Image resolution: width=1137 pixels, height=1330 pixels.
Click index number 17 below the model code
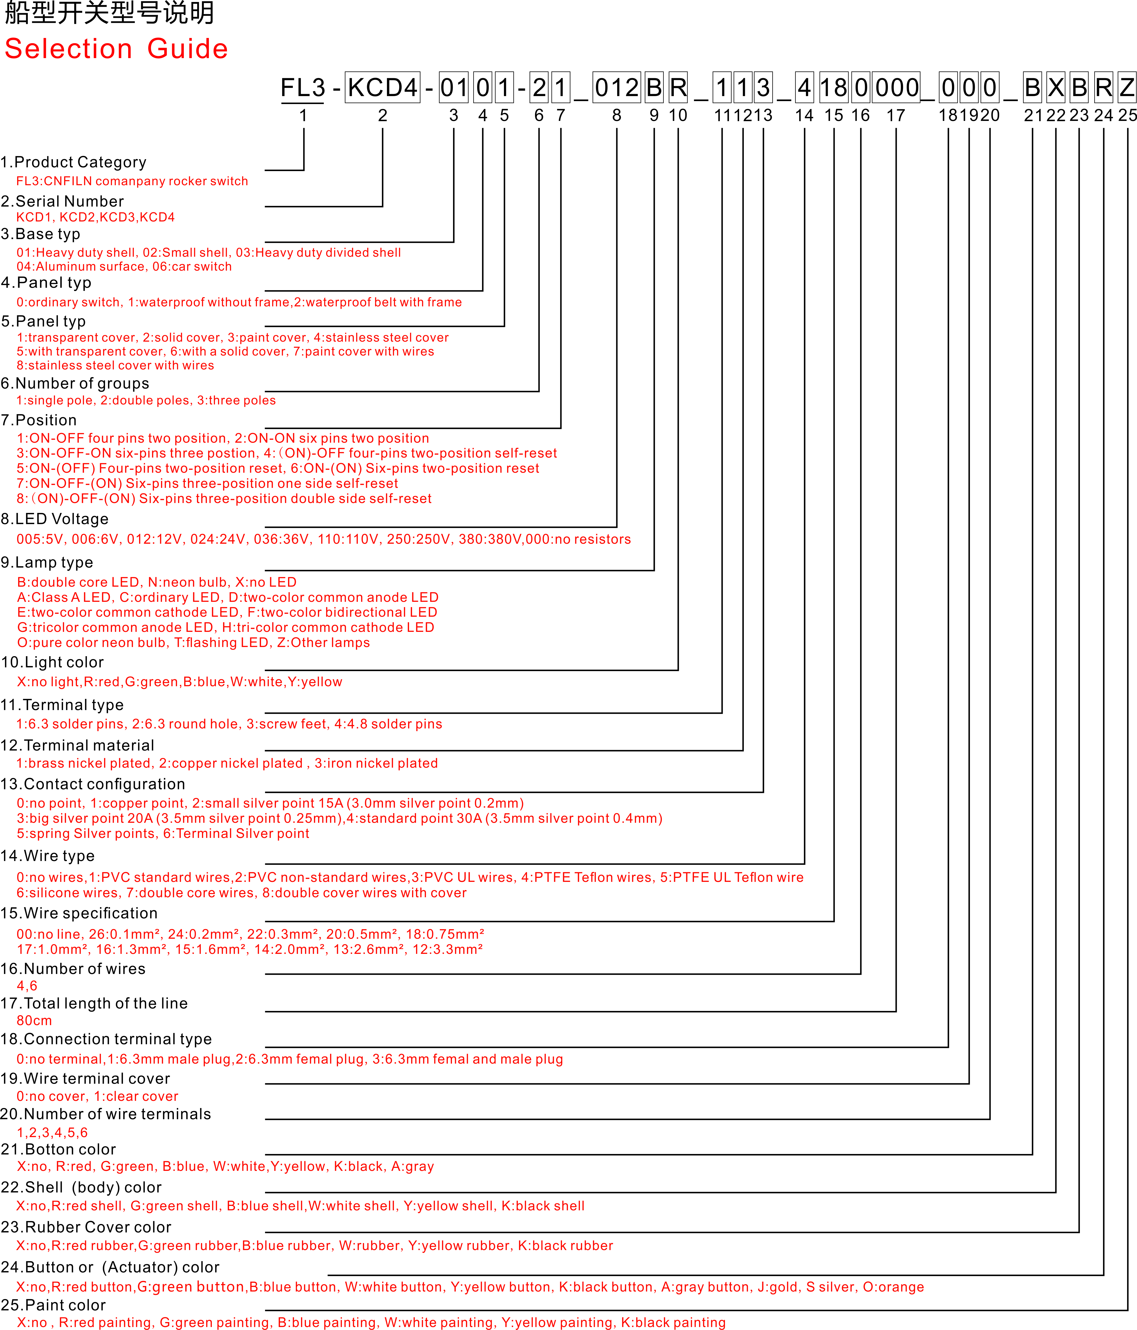click(896, 115)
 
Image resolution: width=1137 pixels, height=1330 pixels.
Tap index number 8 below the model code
click(616, 115)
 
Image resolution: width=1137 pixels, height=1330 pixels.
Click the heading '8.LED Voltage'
click(55, 519)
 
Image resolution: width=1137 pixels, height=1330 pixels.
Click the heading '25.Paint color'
click(53, 1305)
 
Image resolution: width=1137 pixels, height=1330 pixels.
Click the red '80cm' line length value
click(34, 1021)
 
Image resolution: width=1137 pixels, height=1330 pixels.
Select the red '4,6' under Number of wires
click(27, 986)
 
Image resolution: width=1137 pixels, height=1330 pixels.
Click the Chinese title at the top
click(109, 13)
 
